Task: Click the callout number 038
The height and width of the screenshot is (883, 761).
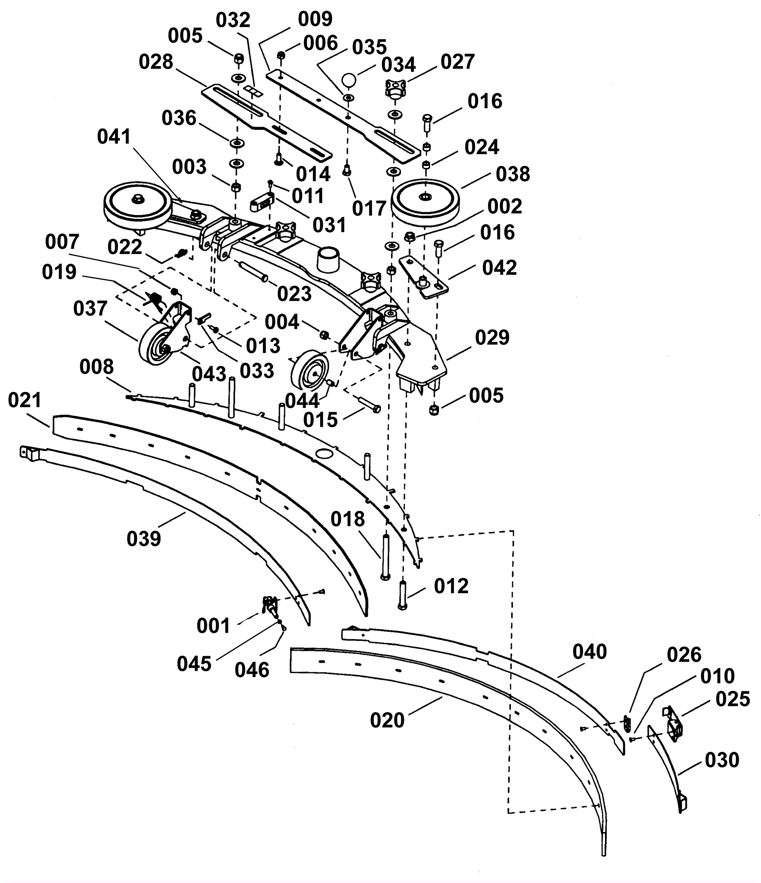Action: pos(513,174)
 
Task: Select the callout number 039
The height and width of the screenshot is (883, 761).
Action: pos(144,539)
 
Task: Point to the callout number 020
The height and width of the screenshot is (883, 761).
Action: pos(387,720)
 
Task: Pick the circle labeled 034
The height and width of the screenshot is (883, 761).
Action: pos(351,79)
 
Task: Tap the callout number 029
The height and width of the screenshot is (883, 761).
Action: pos(492,338)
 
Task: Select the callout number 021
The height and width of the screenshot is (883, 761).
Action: pos(25,401)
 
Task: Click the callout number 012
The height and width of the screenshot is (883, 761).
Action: pos(451,586)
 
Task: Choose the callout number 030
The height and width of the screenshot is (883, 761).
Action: pos(722,760)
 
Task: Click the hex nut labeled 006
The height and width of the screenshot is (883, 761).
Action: pos(281,56)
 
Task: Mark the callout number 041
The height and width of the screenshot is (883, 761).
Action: pos(114,137)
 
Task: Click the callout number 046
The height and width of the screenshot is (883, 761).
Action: pos(252,670)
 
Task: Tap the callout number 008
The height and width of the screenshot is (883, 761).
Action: pos(97,367)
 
